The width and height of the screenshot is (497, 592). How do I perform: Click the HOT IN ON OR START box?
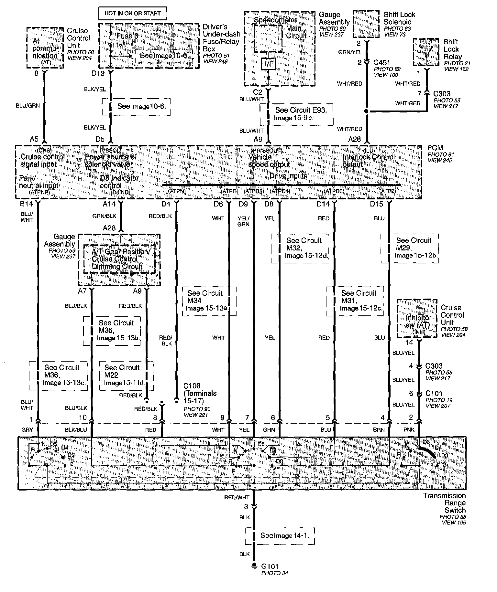point(132,14)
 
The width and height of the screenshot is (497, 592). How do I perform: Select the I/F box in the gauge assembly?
point(269,64)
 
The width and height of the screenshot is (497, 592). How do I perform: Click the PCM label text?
point(435,148)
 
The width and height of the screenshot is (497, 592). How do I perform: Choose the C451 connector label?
point(382,62)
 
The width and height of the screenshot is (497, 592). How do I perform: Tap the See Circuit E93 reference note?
point(296,114)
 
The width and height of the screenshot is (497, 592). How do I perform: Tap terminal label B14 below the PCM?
point(27,204)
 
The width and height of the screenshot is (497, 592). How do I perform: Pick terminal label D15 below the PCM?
point(376,204)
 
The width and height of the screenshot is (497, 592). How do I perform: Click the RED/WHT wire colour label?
point(237,497)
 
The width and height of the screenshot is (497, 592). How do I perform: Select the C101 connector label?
point(434,393)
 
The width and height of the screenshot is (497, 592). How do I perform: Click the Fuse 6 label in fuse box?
point(127,36)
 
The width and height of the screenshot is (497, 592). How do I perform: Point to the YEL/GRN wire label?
point(243,221)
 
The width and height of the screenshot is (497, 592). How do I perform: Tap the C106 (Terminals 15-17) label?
point(200,393)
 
